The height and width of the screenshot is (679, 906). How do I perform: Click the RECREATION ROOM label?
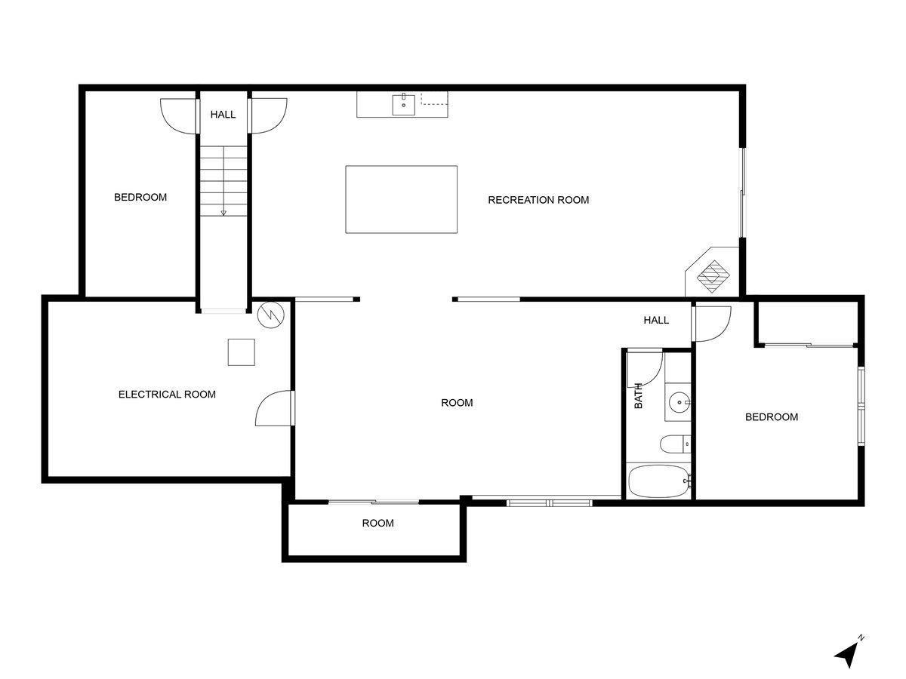point(538,200)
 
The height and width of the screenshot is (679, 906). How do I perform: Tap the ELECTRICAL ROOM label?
point(167,395)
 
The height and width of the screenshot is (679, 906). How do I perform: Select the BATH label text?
point(639,396)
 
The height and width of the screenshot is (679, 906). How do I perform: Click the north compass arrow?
point(848,653)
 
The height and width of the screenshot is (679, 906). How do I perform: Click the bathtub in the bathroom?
point(659,481)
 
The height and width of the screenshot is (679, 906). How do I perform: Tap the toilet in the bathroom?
point(673,444)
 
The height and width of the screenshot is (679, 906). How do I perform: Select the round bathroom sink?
point(680,403)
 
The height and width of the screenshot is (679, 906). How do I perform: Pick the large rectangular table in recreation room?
point(401,199)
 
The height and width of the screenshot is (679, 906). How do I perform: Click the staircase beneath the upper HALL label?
point(223,181)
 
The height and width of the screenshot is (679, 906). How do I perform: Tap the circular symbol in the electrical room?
point(269,315)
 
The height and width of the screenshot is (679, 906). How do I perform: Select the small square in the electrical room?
point(242,352)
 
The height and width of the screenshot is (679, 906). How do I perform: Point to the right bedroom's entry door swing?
point(712,322)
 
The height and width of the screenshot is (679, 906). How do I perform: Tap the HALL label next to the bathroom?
point(656,321)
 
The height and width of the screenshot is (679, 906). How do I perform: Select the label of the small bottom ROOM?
point(377,523)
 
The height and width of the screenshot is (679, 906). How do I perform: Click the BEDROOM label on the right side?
point(772,417)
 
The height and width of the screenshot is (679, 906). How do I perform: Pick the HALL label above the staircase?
point(223,115)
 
